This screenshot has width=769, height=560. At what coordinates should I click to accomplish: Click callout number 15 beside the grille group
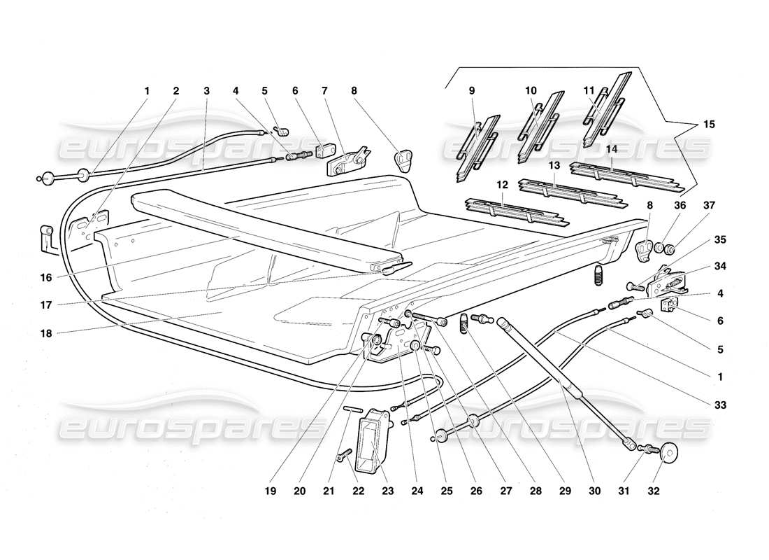tap(709, 125)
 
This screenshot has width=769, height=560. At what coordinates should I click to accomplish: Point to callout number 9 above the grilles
tap(471, 90)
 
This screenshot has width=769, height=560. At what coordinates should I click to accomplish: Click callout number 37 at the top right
tap(709, 206)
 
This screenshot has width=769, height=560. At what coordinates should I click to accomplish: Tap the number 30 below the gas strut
tap(594, 491)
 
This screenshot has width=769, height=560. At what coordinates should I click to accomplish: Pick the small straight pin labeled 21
tap(352, 409)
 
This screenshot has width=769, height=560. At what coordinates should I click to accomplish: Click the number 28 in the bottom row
tap(536, 491)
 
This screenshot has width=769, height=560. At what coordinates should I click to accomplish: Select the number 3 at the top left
tap(206, 90)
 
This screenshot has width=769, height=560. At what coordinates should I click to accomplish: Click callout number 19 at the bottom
tap(271, 491)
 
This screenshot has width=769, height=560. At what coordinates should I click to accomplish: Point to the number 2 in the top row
tap(176, 90)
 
